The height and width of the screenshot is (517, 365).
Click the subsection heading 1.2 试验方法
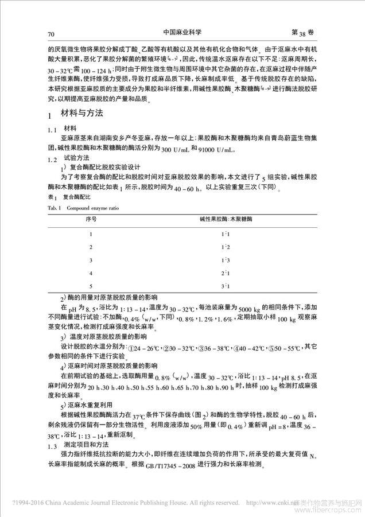(x=75, y=158)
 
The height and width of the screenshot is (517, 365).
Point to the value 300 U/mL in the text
(x=172, y=149)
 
